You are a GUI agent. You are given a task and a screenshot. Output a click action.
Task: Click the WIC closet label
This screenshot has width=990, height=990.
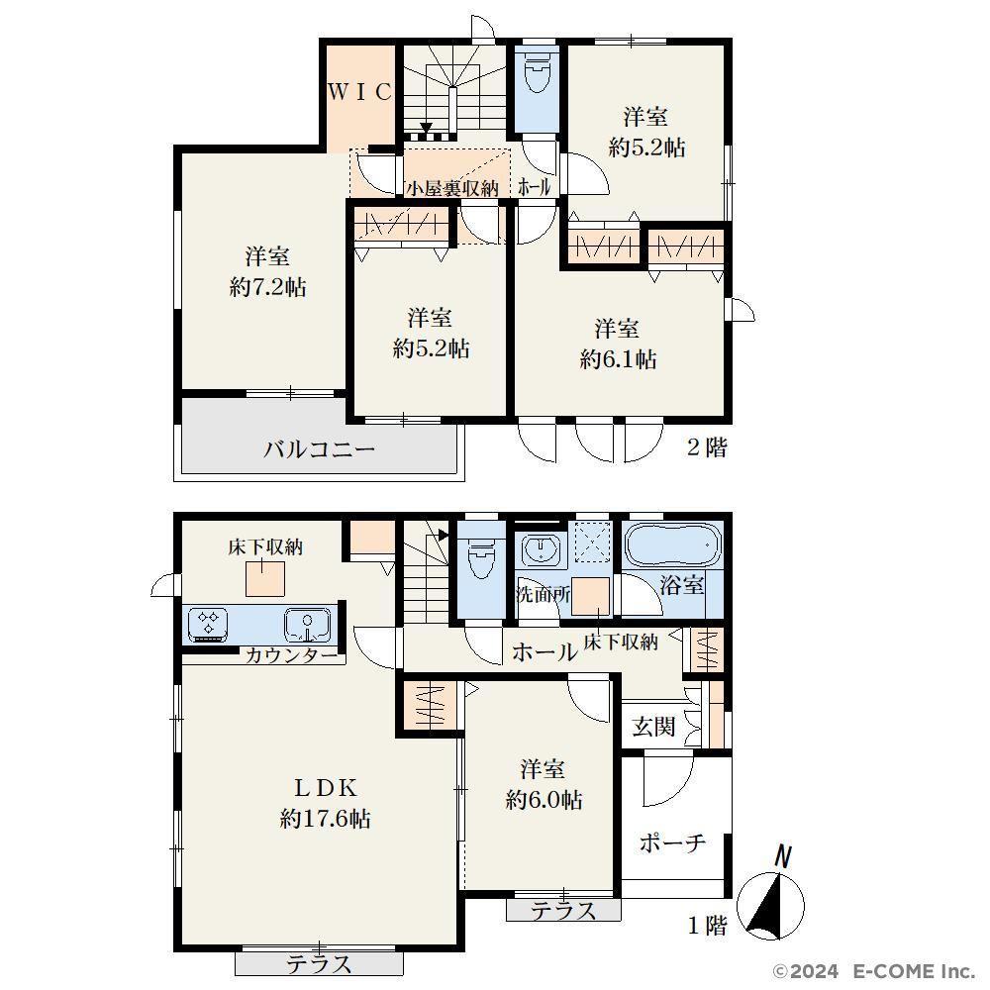(x=360, y=92)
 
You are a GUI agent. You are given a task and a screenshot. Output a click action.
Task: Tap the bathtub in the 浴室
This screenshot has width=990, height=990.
(x=673, y=545)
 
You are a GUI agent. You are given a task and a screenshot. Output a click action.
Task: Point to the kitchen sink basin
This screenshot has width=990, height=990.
(x=308, y=625)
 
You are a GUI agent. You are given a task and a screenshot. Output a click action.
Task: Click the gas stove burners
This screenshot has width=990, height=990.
(x=208, y=624)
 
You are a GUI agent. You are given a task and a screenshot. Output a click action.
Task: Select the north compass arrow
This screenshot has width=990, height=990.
(x=770, y=904)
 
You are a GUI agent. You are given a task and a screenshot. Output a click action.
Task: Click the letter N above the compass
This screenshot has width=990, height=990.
(x=783, y=856)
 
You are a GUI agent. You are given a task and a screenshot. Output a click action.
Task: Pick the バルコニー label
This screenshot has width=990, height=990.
(x=320, y=448)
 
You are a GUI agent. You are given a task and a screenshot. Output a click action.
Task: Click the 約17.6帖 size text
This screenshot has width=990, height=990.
(x=325, y=819)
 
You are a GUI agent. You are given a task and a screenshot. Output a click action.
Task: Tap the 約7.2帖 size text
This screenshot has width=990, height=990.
(x=267, y=288)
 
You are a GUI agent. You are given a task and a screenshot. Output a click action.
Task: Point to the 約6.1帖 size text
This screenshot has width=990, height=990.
(x=618, y=359)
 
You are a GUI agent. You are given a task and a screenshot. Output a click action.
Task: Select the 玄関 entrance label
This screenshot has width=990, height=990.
(x=654, y=727)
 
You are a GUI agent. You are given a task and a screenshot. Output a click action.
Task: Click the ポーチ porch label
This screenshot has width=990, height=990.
(x=672, y=842)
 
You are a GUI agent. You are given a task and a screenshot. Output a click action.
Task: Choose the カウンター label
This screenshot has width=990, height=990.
(x=291, y=654)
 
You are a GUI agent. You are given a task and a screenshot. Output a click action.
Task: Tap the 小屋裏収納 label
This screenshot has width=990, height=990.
(x=452, y=188)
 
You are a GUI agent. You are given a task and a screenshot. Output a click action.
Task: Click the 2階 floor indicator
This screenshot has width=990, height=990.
(x=707, y=447)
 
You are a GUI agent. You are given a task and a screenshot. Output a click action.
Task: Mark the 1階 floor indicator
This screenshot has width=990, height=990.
(x=707, y=926)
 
